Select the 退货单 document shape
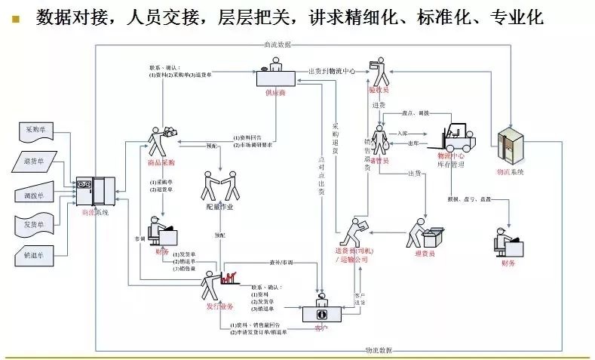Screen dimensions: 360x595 [x=35, y=162]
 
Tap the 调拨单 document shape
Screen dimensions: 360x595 [x=35, y=193]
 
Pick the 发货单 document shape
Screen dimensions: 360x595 [x=35, y=224]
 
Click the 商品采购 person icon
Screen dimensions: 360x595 [x=161, y=140]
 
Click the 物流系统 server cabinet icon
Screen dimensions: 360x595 [x=511, y=146]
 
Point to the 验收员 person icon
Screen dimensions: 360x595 [x=382, y=75]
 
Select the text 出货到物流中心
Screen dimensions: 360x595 [x=332, y=71]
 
